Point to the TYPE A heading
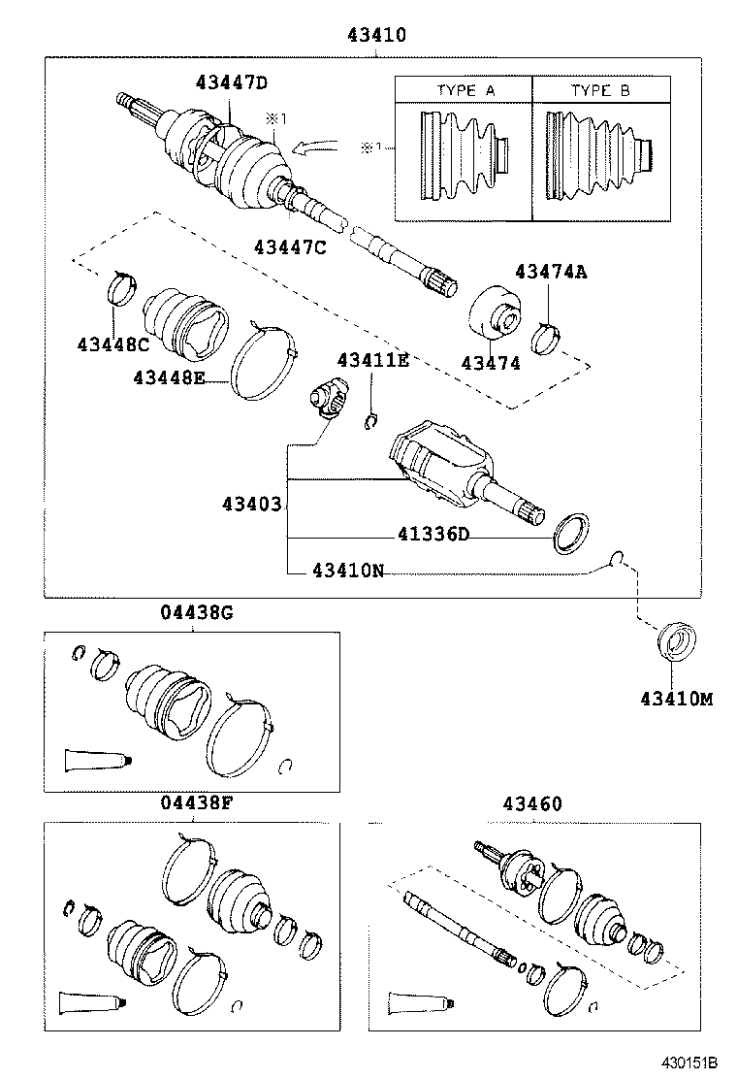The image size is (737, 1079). pyautogui.click(x=465, y=90)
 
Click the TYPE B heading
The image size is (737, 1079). pyautogui.click(x=600, y=90)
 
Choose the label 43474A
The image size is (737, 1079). pyautogui.click(x=551, y=273)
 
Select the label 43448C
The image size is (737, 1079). pyautogui.click(x=114, y=343)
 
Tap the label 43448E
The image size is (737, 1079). pyautogui.click(x=170, y=378)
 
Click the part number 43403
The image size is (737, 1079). pyautogui.click(x=251, y=505)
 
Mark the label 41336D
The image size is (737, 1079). pyautogui.click(x=433, y=535)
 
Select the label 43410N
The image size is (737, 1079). pyautogui.click(x=348, y=571)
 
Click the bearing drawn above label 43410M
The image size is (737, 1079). pyautogui.click(x=675, y=643)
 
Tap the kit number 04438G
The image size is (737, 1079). pyautogui.click(x=196, y=612)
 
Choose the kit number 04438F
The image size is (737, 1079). pyautogui.click(x=196, y=803)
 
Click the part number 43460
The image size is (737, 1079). pyautogui.click(x=532, y=803)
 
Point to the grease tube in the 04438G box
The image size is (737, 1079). pyautogui.click(x=95, y=760)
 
